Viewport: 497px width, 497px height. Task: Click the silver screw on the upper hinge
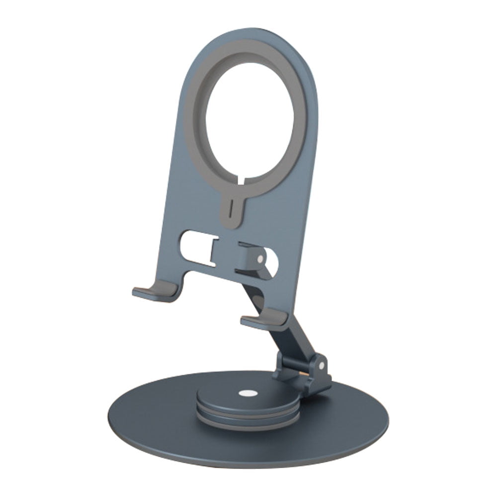[x=259, y=259]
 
